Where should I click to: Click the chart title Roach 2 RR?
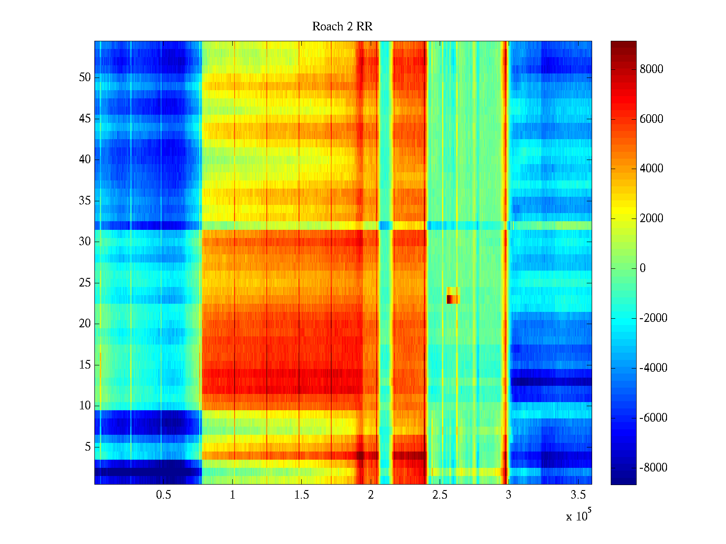[x=342, y=27]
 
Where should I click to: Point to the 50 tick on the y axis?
[x=85, y=78]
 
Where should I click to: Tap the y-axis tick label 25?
[x=85, y=283]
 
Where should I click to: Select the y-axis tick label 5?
[x=88, y=447]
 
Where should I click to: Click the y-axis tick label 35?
[x=85, y=201]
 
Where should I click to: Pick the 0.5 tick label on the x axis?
[x=163, y=495]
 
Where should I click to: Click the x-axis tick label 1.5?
[x=301, y=495]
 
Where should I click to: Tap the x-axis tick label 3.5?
[x=578, y=495]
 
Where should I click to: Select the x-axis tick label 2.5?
[x=440, y=495]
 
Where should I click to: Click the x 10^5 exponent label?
[x=578, y=516]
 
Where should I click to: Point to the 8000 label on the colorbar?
[x=651, y=69]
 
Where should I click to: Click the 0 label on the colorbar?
[x=643, y=268]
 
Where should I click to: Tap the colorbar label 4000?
[x=651, y=169]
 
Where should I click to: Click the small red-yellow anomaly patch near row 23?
[x=453, y=296]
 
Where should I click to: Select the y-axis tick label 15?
[x=85, y=365]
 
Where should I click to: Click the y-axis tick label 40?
[x=85, y=160]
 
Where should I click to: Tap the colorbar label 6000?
[x=651, y=119]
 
